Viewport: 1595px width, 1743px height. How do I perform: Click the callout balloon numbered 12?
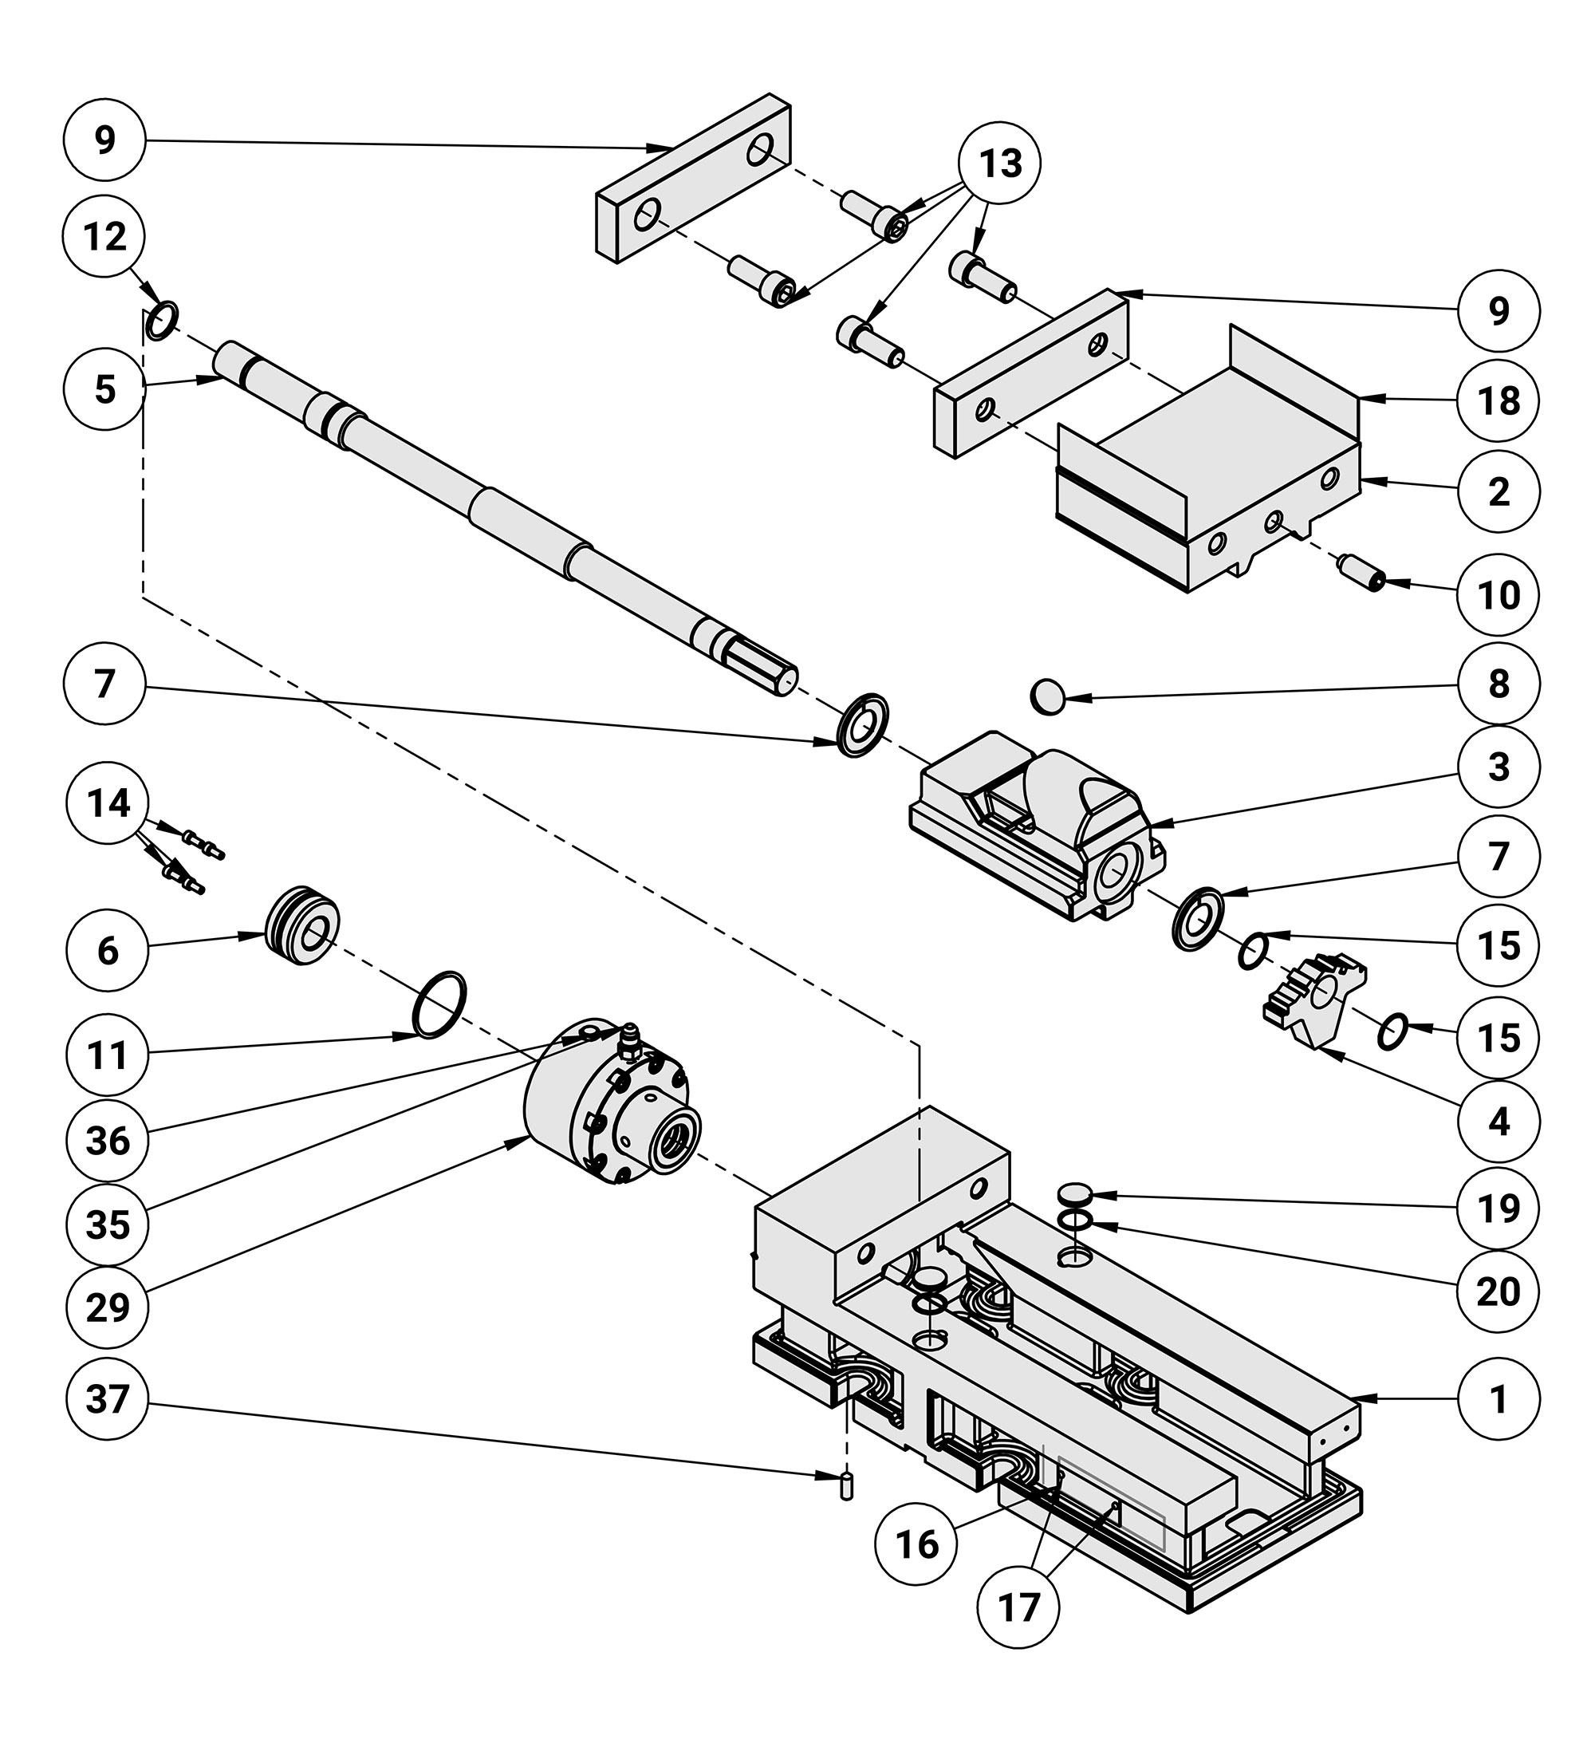click(104, 236)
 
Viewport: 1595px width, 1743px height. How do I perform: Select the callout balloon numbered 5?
click(104, 389)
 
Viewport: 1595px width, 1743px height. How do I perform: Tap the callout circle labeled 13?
click(1000, 163)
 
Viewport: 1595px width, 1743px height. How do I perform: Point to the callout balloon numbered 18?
click(1499, 400)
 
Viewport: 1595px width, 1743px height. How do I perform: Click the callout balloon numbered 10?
click(1499, 595)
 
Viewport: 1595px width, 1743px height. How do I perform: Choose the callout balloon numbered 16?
click(916, 1544)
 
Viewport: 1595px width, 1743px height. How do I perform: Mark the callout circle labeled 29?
click(107, 1307)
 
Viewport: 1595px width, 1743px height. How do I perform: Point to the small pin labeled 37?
click(846, 1486)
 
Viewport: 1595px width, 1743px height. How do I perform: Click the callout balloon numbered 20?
click(1499, 1291)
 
